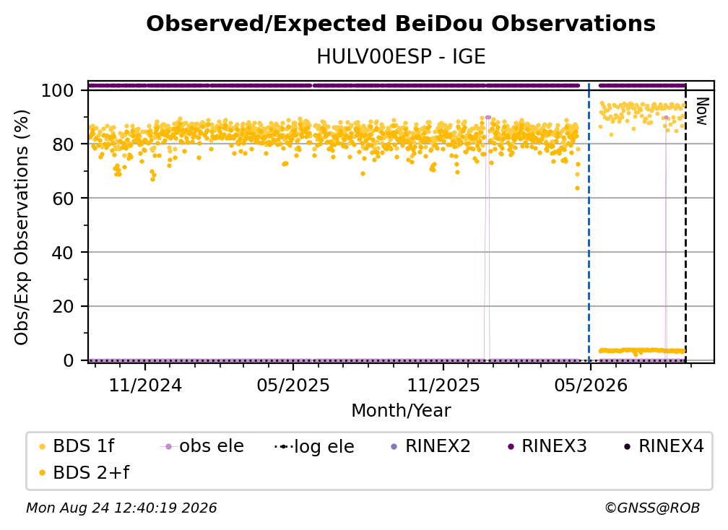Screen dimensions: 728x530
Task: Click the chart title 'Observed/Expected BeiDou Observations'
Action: pos(401,24)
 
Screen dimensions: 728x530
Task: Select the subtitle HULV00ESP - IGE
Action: pos(401,57)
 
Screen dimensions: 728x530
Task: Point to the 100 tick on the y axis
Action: pos(58,90)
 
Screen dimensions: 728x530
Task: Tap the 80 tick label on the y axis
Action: pos(63,144)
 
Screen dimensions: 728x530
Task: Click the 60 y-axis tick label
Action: pos(63,198)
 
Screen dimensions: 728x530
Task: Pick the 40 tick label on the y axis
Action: pos(63,253)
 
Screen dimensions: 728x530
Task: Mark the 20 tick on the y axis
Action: pos(63,306)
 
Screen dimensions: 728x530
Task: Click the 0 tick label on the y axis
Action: pos(69,360)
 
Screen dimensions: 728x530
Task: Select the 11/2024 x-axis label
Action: pos(145,385)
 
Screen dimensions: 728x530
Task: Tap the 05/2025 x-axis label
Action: pos(293,385)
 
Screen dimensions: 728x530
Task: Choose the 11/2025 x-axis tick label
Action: pos(443,385)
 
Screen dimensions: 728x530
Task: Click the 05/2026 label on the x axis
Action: pos(591,385)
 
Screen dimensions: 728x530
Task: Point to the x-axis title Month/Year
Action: pos(401,410)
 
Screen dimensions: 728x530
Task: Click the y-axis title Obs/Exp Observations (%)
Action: pos(22,227)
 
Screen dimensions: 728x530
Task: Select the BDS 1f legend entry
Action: pos(77,446)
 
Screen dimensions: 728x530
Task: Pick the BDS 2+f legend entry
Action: pos(84,472)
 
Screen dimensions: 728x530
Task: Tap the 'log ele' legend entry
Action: pos(314,446)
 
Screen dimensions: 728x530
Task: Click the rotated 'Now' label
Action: pos(702,111)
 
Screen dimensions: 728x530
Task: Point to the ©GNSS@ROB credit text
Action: pos(652,508)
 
